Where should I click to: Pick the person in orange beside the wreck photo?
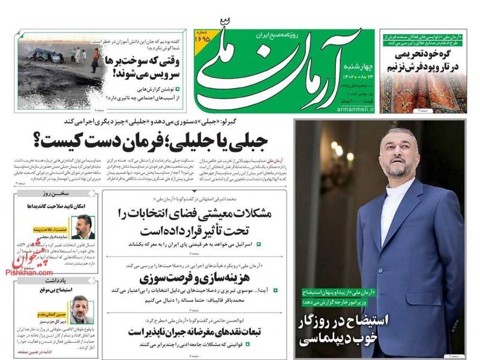tap(95, 60)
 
